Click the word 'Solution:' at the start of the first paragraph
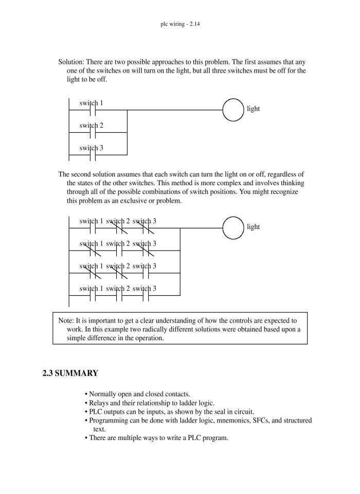[x=72, y=62]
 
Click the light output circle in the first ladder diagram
[x=233, y=110]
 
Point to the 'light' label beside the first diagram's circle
[x=254, y=109]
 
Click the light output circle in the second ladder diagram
[x=233, y=227]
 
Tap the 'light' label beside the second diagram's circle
[x=254, y=227]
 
